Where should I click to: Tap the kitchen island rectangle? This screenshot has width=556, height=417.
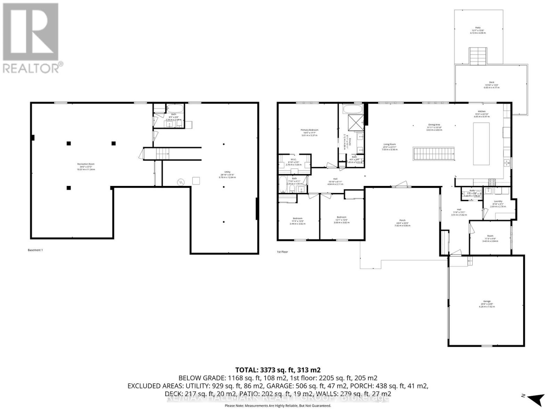click(x=481, y=144)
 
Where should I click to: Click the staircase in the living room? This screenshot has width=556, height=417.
click(x=434, y=154)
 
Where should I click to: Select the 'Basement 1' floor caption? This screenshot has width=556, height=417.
click(x=35, y=250)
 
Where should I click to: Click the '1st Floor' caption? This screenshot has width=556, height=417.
click(x=282, y=252)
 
